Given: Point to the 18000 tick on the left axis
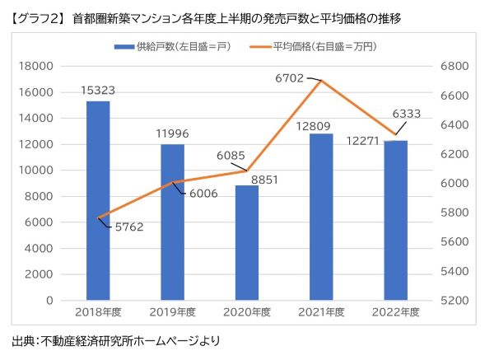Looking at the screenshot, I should (37, 66).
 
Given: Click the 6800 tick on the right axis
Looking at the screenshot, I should (454, 66).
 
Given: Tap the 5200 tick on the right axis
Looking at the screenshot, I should (454, 300).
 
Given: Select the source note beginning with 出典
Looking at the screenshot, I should (116, 340).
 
